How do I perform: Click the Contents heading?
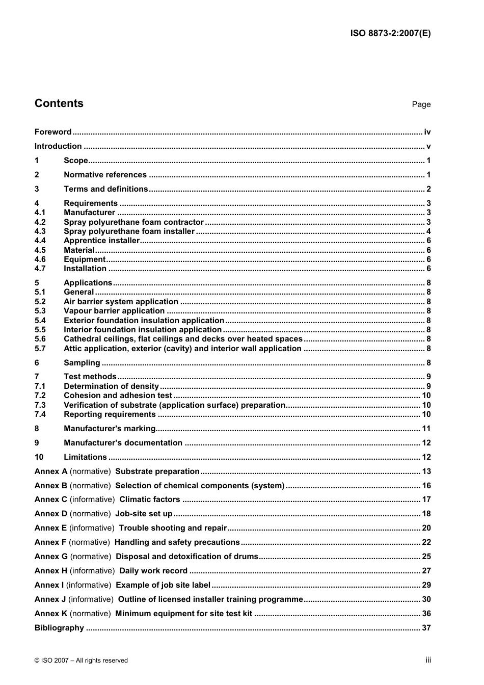[x=59, y=103]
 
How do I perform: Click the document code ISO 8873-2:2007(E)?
[x=390, y=34]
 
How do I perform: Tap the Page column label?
[x=421, y=104]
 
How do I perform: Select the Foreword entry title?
[x=53, y=132]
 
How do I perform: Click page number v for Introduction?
[x=428, y=146]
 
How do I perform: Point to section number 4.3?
[x=40, y=231]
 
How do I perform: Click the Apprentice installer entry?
[x=101, y=241]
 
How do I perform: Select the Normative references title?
[x=105, y=175]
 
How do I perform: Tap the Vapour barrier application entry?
[x=114, y=311]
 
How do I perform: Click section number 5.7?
[x=40, y=349]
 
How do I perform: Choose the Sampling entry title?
[x=82, y=363]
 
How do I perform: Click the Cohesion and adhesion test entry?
[x=118, y=396]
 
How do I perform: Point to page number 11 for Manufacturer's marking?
[x=426, y=429]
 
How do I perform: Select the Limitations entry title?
[x=85, y=457]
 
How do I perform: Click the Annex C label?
[x=51, y=499]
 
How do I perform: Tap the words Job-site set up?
[x=144, y=514]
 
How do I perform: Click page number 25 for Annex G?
[x=426, y=557]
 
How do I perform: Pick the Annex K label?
[x=51, y=614]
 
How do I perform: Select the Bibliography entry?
[x=59, y=628]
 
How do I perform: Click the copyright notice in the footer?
[x=81, y=661]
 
